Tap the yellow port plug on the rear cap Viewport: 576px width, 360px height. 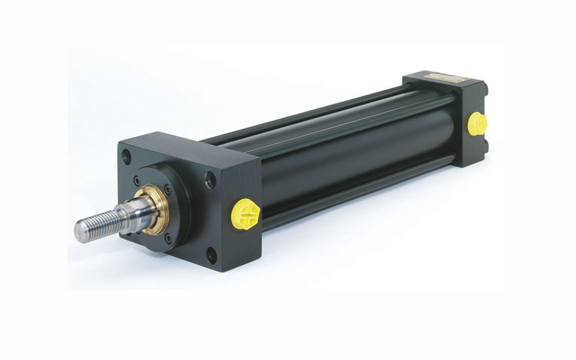pos(477,123)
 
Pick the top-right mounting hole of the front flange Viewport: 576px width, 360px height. pos(210,179)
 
